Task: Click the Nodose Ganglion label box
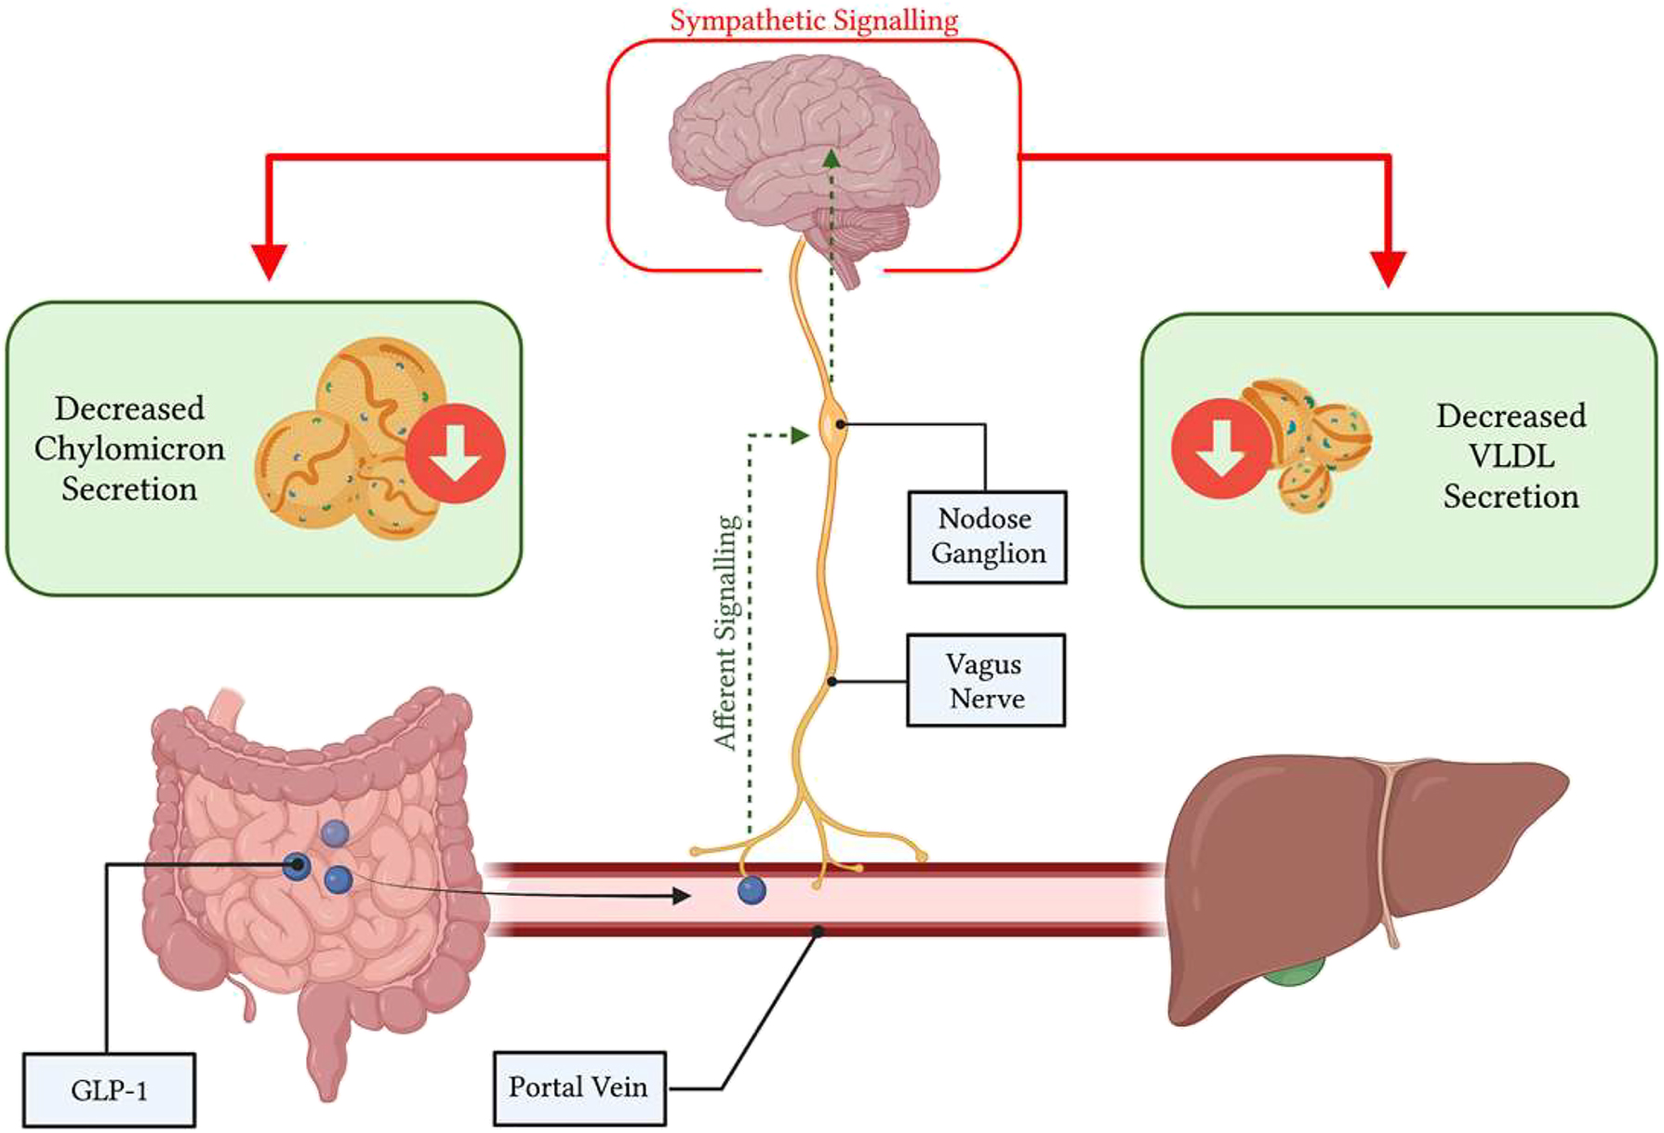coord(987,537)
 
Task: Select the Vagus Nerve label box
coord(986,680)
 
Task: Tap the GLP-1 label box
coord(109,1089)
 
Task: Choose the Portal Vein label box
coord(579,1087)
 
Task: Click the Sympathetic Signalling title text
coord(814,20)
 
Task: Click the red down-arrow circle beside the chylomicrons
coord(455,454)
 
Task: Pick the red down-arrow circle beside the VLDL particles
coord(1220,447)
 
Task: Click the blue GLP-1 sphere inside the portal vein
coord(752,890)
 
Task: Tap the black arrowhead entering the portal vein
coord(681,896)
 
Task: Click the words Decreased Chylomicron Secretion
coord(129,448)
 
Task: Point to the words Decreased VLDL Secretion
coord(1511,456)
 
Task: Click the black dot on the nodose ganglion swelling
coord(840,424)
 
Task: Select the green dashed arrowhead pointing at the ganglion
coord(800,434)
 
